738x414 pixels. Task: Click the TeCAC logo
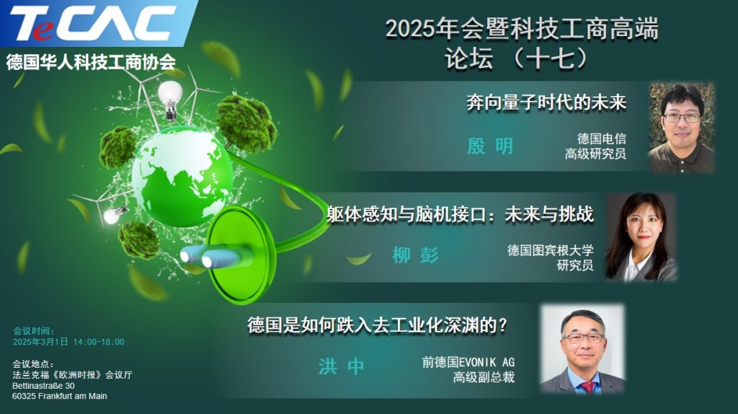92,23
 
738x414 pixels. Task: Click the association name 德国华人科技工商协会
91,62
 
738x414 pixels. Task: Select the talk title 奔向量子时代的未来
546,102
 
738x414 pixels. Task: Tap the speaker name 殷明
490,146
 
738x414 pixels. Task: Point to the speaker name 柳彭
415,255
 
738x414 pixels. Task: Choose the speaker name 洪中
341,366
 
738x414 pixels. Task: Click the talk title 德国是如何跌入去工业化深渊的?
378,325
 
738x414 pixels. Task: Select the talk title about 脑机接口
460,214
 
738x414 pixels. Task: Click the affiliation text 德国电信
602,138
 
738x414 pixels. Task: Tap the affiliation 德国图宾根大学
550,250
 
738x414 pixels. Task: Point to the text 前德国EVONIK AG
468,362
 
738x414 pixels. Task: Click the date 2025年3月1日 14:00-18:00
68,342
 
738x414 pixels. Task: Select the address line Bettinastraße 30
43,386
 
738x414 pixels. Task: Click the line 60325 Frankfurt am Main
60,396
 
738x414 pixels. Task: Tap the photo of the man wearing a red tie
583,349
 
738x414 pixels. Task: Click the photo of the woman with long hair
641,237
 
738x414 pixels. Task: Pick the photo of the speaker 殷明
682,127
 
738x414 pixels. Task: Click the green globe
182,176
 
